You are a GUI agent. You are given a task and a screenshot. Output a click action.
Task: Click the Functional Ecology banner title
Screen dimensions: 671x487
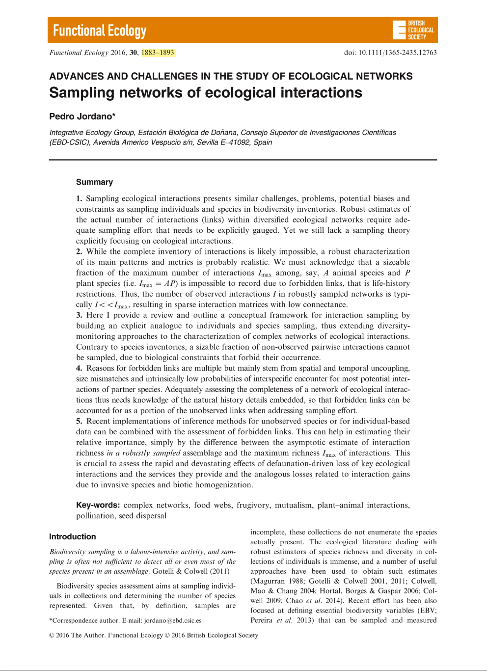100,31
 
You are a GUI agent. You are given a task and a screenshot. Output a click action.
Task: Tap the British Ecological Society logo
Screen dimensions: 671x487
413,30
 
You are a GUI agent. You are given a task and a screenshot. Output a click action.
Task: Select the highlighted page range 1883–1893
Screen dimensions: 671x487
158,53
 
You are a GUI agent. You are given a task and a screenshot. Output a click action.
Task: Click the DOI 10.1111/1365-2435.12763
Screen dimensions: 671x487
390,53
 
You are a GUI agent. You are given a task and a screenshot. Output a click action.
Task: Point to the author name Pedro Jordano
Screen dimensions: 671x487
82,116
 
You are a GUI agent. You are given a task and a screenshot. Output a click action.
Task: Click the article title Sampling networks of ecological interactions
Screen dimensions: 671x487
206,93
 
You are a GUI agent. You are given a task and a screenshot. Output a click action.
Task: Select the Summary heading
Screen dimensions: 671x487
94,182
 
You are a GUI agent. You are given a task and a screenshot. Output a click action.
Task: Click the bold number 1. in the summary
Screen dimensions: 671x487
79,198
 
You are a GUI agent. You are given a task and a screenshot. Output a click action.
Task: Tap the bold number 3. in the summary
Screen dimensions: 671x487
79,315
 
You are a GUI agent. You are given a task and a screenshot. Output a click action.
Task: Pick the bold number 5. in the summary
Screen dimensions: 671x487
79,421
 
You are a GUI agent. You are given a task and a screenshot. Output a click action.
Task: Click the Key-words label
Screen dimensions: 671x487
98,505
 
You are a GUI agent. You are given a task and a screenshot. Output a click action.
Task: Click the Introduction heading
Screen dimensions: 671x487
72,537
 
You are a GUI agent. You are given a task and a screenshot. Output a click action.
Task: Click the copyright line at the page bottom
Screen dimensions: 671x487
154,635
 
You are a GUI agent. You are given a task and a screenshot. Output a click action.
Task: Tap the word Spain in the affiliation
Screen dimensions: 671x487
263,142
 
